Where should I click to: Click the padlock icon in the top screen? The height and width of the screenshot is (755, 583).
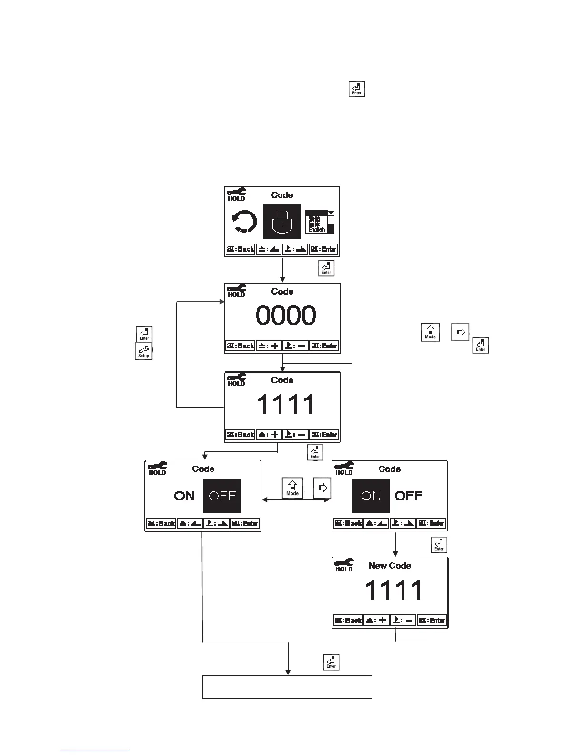[x=282, y=222]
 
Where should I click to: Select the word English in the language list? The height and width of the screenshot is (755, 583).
[x=316, y=230]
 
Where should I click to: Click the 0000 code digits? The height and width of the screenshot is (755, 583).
[x=286, y=316]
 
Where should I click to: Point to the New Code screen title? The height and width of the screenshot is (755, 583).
[x=390, y=566]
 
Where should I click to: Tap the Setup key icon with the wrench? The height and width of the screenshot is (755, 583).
[x=143, y=351]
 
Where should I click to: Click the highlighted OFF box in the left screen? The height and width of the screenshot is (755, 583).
[x=222, y=496]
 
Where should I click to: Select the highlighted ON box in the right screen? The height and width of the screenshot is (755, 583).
[x=371, y=496]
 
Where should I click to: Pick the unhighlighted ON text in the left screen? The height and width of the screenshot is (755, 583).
[x=184, y=496]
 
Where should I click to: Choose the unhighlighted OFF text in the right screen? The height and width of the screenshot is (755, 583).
[x=408, y=496]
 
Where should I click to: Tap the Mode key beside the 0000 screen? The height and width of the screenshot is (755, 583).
[x=430, y=332]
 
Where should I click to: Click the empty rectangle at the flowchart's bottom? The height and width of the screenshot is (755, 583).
[x=287, y=687]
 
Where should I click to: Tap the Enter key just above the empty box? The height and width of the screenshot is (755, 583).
[x=331, y=663]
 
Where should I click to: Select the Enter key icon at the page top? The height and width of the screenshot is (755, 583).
[x=357, y=89]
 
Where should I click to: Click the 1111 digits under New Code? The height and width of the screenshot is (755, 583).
[x=393, y=590]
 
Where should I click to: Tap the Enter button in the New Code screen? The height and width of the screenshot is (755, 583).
[x=432, y=620]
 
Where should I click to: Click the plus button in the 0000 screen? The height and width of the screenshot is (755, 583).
[x=269, y=346]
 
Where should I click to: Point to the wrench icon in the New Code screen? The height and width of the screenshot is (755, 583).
[x=344, y=563]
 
